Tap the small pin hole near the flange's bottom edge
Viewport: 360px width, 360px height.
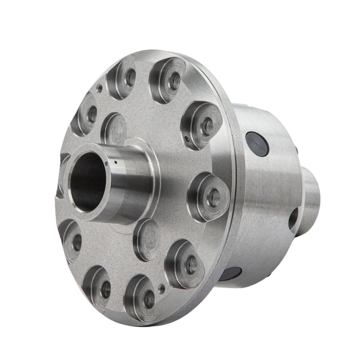click(x=162, y=289)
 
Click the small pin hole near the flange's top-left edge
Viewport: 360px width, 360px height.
click(x=100, y=88)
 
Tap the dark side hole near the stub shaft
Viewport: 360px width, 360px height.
click(x=294, y=219)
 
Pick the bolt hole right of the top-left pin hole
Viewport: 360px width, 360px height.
click(x=131, y=77)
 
